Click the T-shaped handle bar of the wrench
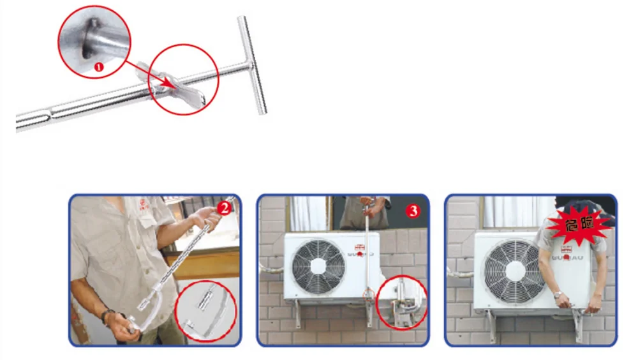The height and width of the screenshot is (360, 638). coord(252,64)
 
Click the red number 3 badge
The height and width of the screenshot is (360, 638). coord(412,211)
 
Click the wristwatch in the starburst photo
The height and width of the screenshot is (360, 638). coord(558,295)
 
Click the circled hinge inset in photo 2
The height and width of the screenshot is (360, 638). coord(205,311)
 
